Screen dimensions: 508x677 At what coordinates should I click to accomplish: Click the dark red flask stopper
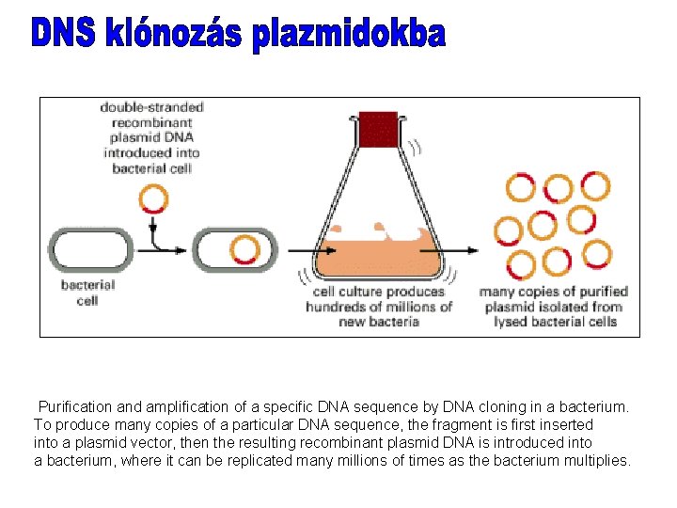(x=379, y=129)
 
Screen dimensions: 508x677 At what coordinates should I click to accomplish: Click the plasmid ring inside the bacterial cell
(x=244, y=250)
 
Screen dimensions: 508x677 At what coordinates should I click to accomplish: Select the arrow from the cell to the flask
(x=299, y=251)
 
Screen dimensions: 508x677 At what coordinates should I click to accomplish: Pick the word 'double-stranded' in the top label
(x=152, y=107)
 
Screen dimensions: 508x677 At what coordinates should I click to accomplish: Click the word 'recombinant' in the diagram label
(x=152, y=122)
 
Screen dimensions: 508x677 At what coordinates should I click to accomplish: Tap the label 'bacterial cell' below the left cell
(x=87, y=293)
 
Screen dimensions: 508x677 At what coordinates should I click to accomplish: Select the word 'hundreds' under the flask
(x=337, y=307)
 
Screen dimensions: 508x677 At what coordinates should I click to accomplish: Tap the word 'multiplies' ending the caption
(x=597, y=460)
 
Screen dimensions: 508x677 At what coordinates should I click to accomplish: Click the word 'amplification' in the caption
(x=186, y=407)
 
